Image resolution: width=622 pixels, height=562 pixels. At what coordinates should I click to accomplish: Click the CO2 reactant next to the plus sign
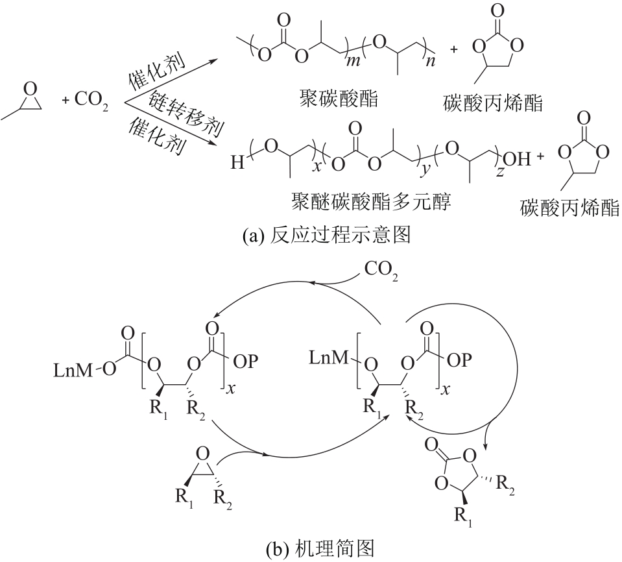pyautogui.click(x=91, y=101)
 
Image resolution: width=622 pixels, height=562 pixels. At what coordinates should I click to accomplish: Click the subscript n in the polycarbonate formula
pyautogui.click(x=429, y=60)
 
